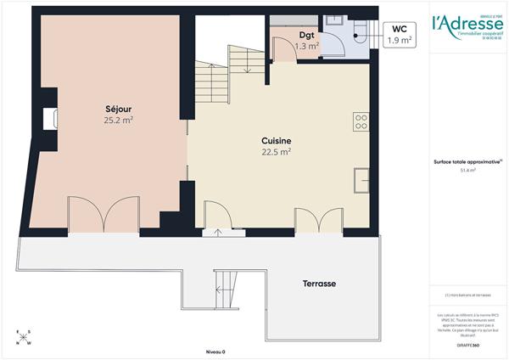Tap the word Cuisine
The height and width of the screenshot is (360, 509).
pyautogui.click(x=277, y=141)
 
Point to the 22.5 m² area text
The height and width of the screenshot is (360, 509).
pyautogui.click(x=277, y=153)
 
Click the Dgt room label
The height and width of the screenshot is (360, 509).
pyautogui.click(x=307, y=35)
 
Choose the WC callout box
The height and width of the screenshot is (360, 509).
pyautogui.click(x=400, y=35)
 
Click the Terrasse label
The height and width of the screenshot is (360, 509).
pyautogui.click(x=322, y=283)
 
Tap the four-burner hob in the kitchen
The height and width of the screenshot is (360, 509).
pyautogui.click(x=361, y=122)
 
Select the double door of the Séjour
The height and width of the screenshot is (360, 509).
pyautogui.click(x=103, y=213)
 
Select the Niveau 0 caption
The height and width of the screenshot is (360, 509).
pyautogui.click(x=215, y=350)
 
